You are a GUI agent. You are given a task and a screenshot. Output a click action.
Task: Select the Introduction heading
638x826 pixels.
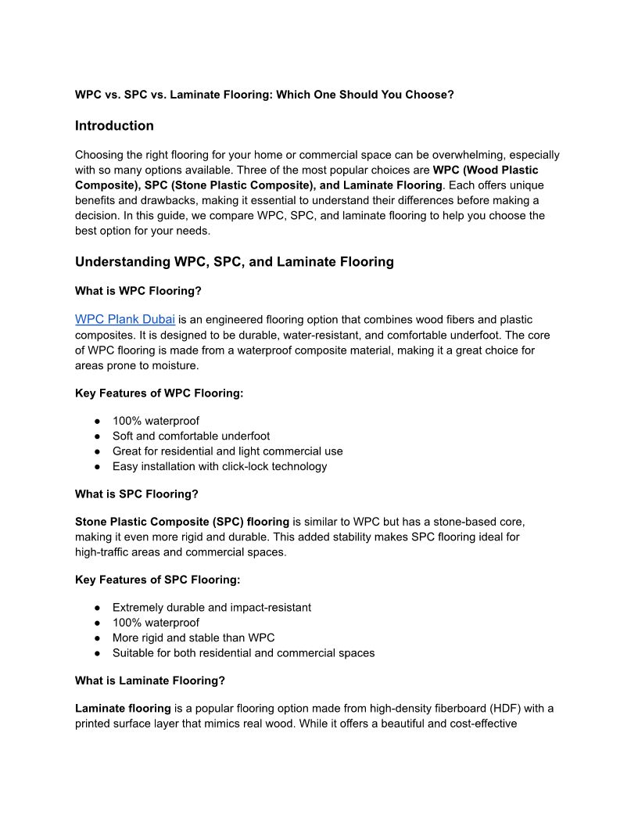click(114, 126)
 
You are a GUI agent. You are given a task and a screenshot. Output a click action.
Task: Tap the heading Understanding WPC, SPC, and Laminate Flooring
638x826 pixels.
click(234, 262)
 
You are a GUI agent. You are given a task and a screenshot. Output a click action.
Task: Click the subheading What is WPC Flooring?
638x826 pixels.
click(138, 291)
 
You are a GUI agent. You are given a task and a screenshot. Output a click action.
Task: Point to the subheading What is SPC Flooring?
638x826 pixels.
click(136, 494)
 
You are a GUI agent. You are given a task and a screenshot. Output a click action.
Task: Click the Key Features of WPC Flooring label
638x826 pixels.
click(159, 393)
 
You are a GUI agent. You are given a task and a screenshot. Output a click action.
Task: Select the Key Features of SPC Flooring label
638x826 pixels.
click(157, 580)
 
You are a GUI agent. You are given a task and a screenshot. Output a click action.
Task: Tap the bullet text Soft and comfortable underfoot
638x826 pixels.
click(191, 436)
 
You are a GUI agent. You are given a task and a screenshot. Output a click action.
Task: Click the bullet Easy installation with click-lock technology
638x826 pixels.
click(220, 467)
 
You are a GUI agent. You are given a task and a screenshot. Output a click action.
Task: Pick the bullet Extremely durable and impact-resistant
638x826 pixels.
click(211, 608)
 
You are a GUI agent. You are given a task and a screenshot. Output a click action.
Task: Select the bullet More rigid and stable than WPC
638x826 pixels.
click(193, 638)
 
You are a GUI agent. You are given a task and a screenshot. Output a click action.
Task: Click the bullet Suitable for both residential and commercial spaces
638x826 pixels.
click(243, 653)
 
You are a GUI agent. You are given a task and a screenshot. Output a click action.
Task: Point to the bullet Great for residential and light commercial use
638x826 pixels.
click(228, 451)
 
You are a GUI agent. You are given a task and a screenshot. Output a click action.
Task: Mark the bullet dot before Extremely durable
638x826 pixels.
click(96, 608)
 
